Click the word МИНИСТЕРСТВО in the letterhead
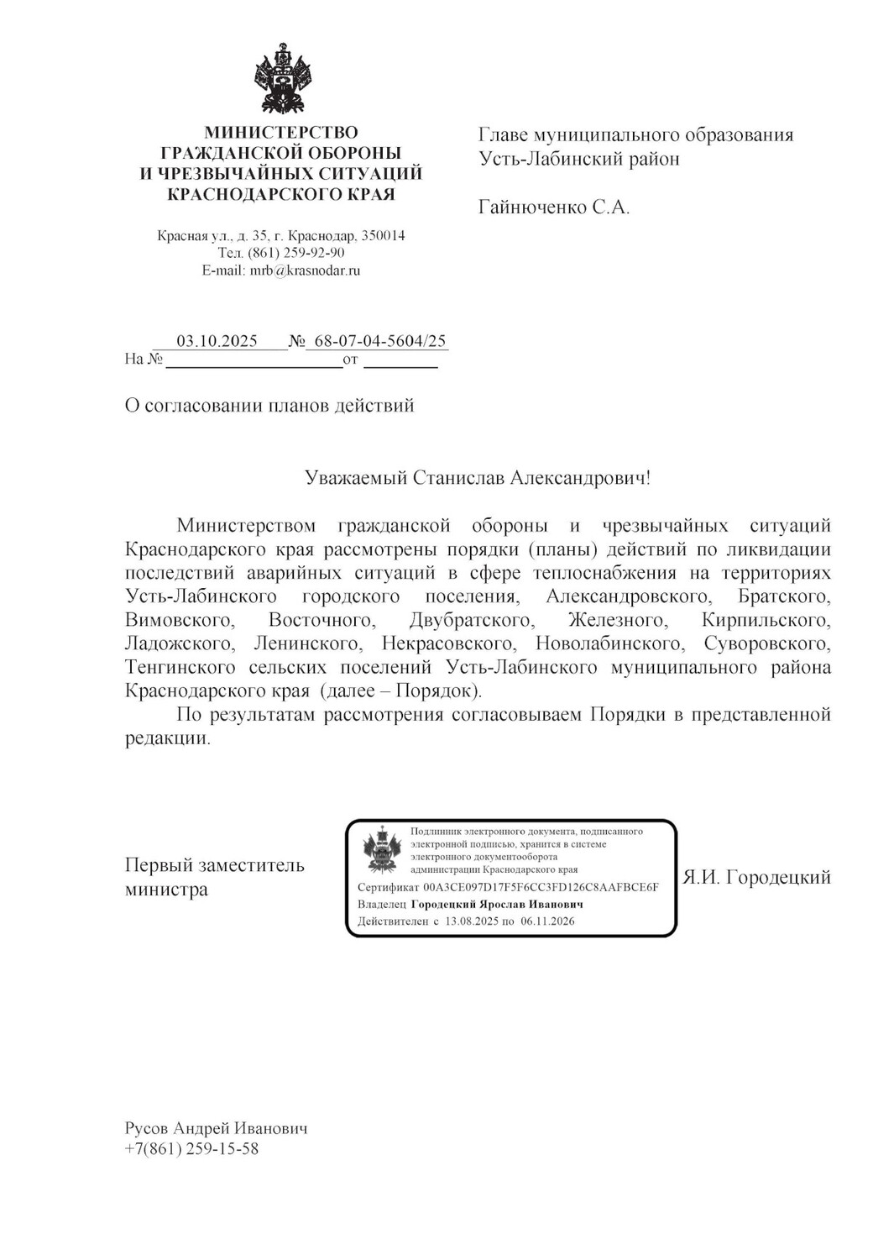tap(281, 133)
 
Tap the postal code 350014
tap(383, 236)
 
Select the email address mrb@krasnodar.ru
tap(305, 270)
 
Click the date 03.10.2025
tap(217, 341)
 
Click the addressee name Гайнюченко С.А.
tap(554, 207)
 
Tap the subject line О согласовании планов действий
tap(269, 406)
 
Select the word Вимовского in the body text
tap(179, 620)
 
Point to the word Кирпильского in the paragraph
tap(766, 620)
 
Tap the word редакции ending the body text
tap(166, 738)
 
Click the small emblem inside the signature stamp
tap(382, 850)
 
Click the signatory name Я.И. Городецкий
tap(756, 878)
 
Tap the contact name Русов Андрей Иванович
tap(216, 1128)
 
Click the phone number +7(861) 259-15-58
tap(191, 1148)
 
